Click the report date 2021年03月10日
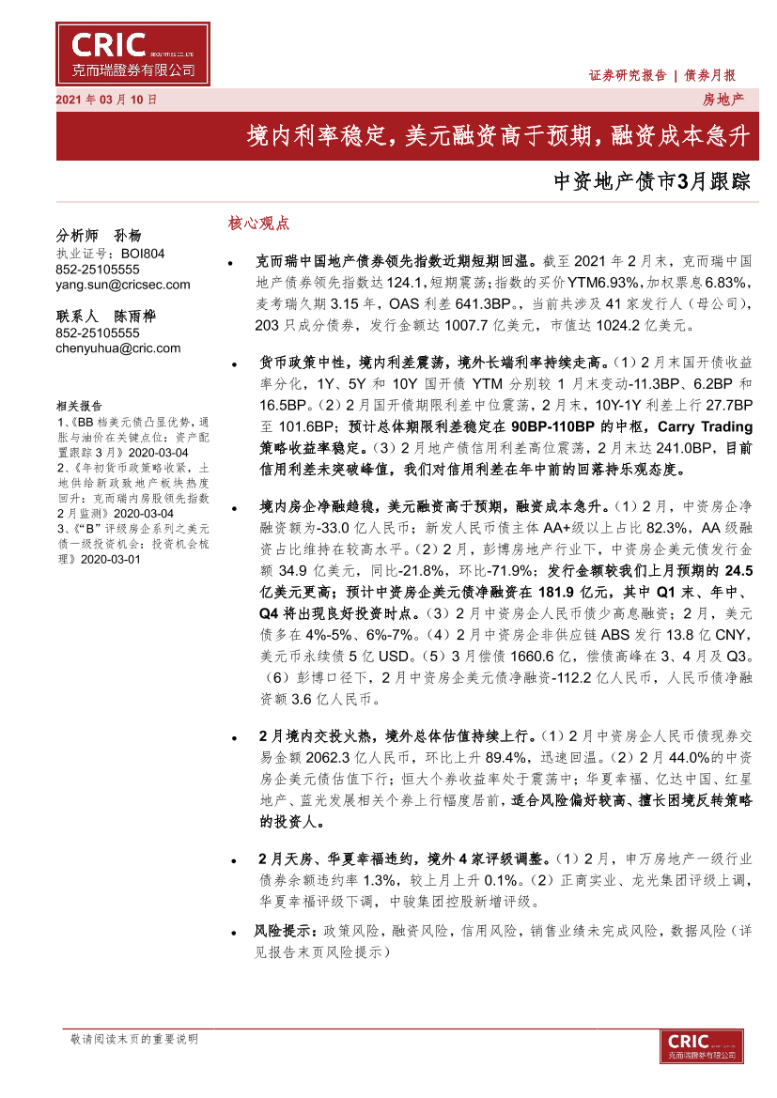[x=108, y=99]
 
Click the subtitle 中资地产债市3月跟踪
[x=653, y=181]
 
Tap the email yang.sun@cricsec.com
[x=123, y=285]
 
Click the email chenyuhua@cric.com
[x=118, y=348]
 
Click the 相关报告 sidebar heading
[x=79, y=406]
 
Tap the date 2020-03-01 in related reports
[x=110, y=559]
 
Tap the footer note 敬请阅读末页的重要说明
[x=134, y=1039]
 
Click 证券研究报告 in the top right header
[x=627, y=75]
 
